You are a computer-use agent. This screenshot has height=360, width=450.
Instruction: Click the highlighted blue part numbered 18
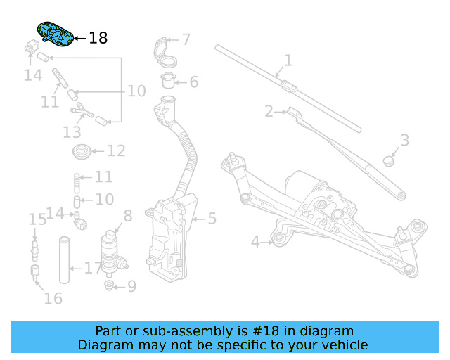(x=54, y=35)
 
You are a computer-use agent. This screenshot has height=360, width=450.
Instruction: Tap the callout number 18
(x=98, y=38)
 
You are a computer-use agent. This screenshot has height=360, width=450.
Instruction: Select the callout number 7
(x=186, y=39)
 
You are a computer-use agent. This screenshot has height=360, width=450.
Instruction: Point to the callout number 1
(x=288, y=60)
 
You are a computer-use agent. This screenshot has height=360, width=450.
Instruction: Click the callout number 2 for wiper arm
(x=269, y=111)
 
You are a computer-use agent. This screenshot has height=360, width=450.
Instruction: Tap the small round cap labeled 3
(x=388, y=160)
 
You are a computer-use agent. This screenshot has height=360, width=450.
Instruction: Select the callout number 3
(x=404, y=140)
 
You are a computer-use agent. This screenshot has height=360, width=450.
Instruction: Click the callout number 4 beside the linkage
(x=256, y=243)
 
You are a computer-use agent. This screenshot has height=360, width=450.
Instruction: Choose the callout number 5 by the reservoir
(x=212, y=219)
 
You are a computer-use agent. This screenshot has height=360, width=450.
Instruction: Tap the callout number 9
(x=131, y=286)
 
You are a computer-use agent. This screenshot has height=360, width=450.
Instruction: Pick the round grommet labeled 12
(x=81, y=150)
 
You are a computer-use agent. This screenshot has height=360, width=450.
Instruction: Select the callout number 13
(x=72, y=131)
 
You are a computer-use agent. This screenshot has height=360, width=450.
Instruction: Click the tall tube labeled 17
(x=65, y=261)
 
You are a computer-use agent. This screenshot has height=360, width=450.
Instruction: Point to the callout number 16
(x=53, y=298)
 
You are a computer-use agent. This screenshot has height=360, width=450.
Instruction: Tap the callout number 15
(x=37, y=219)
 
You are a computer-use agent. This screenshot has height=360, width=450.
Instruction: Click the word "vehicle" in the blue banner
(x=344, y=345)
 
